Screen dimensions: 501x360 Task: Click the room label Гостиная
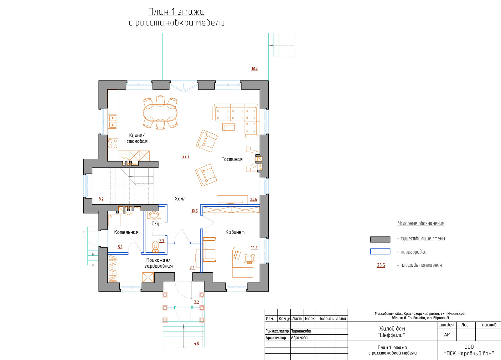tap(232, 159)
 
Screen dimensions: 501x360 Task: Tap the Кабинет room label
tap(235, 232)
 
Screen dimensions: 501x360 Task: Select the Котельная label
tap(126, 232)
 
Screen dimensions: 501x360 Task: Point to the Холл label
tap(180, 199)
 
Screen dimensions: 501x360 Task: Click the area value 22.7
tap(186, 156)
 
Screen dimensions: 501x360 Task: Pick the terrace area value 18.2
tap(255, 69)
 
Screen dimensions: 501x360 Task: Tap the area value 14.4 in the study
tap(254, 247)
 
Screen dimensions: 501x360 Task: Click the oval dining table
tap(160, 113)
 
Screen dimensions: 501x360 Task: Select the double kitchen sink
tap(112, 121)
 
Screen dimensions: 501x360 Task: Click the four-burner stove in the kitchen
tap(113, 144)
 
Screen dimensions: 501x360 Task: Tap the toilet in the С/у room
tap(155, 246)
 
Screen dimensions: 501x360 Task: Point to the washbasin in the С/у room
tap(154, 215)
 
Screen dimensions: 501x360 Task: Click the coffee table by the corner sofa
tap(229, 128)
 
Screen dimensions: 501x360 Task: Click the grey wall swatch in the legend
tap(380, 239)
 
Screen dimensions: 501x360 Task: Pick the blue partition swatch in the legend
tap(380, 252)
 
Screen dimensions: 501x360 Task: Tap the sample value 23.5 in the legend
tap(381, 265)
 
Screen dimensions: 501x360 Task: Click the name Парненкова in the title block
tap(301, 331)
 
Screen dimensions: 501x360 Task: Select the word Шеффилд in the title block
tap(391, 335)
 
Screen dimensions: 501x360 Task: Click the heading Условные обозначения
tap(421, 223)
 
